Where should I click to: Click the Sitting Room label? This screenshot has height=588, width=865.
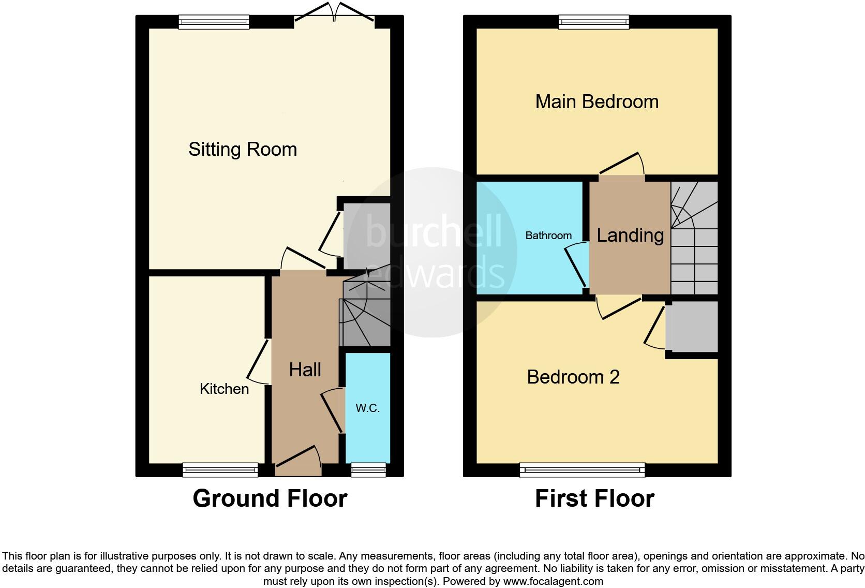click(242, 150)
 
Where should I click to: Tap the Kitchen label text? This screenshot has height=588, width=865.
click(224, 389)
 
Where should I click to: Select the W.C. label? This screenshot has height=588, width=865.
click(367, 408)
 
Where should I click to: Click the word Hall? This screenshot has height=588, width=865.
click(305, 370)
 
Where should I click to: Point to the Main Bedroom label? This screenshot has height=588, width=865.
click(596, 101)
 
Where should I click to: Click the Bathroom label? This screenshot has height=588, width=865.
click(548, 236)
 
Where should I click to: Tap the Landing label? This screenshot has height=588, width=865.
click(630, 235)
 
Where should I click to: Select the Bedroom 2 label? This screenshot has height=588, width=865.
click(573, 377)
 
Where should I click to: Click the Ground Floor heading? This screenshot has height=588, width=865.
click(270, 498)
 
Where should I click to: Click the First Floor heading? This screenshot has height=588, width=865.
click(594, 498)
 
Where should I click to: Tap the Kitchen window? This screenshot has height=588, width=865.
click(220, 469)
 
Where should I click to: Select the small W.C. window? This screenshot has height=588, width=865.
click(368, 469)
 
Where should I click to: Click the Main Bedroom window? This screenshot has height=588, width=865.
click(593, 21)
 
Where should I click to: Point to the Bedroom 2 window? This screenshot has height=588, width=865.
click(582, 469)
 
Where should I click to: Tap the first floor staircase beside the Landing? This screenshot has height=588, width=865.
click(694, 238)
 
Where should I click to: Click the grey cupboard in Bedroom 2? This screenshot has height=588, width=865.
click(692, 327)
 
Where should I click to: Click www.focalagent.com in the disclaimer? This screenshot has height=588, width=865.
click(553, 581)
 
